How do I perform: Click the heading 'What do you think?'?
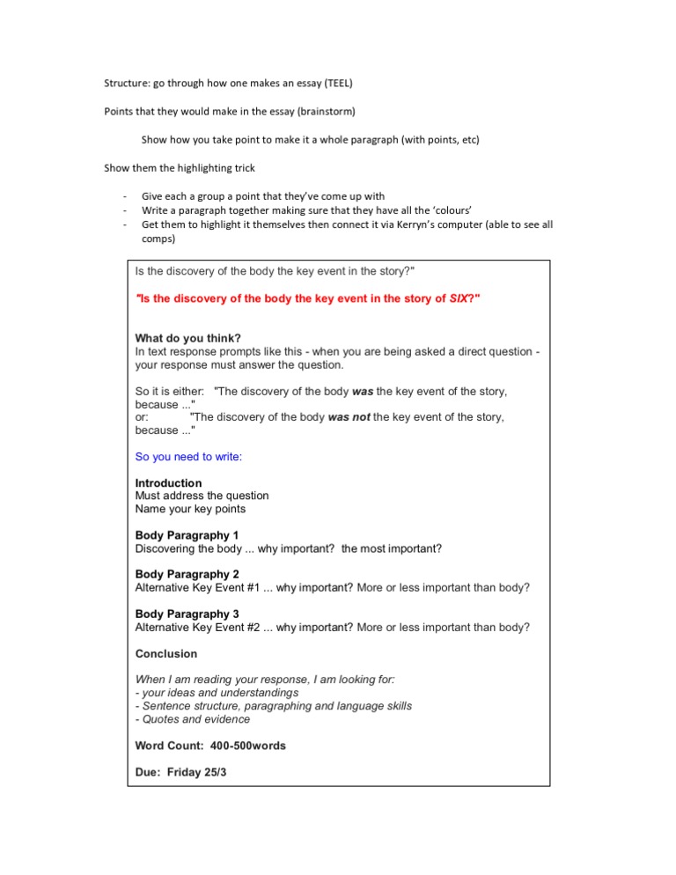[x=189, y=339]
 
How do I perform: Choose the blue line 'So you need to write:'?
[x=188, y=457]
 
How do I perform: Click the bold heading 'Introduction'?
[x=168, y=483]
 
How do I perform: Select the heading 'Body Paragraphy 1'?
[x=187, y=535]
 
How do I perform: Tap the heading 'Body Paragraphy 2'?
[x=187, y=575]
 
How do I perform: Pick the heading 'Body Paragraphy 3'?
[x=187, y=614]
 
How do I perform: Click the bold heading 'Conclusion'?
[x=166, y=654]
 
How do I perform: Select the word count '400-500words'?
[x=248, y=746]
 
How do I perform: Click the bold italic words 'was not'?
[x=349, y=417]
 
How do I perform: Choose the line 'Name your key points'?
[x=190, y=509]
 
